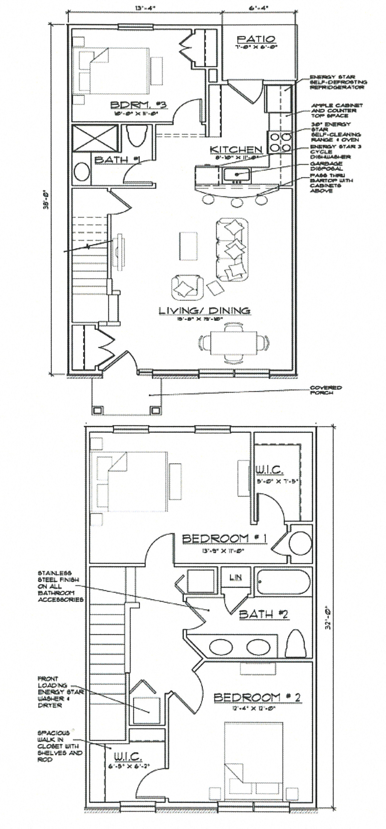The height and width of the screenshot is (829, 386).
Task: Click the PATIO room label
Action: click(256, 39)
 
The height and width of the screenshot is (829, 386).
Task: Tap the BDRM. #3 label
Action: click(139, 104)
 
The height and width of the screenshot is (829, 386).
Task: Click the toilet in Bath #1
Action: click(137, 136)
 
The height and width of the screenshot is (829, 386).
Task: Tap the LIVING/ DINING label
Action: click(204, 310)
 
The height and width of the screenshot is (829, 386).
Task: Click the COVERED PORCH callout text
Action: click(326, 390)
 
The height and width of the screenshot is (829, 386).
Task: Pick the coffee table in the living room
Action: click(189, 246)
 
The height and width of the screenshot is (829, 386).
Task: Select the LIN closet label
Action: click(235, 577)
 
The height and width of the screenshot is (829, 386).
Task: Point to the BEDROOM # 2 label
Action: click(257, 697)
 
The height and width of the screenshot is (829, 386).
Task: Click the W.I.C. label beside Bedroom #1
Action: click(269, 470)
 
